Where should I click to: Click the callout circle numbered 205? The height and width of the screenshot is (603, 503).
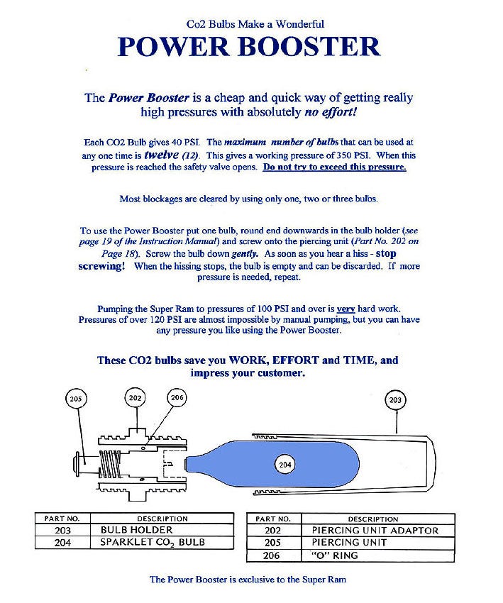click(x=76, y=399)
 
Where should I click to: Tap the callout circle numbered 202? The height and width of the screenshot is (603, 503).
click(x=135, y=398)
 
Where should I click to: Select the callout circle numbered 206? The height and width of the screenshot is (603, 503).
click(x=177, y=398)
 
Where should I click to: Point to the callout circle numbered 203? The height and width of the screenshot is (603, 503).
click(x=395, y=400)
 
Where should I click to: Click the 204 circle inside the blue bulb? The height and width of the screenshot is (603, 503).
click(x=285, y=465)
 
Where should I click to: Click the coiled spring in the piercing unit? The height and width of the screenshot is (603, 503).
click(x=111, y=464)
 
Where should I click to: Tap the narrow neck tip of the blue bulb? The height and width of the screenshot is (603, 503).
click(x=187, y=465)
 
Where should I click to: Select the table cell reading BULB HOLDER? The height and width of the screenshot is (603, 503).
click(x=162, y=530)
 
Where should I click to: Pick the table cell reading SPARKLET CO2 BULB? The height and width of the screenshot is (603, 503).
click(x=162, y=542)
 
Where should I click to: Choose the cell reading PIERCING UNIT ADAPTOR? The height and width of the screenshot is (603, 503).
click(x=378, y=531)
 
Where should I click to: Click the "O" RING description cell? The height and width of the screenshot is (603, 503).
click(x=378, y=555)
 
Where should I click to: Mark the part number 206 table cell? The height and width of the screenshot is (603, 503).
click(x=274, y=555)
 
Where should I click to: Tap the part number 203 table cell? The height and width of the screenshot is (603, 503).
click(x=62, y=530)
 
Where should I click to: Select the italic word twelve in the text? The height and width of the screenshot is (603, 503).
click(x=162, y=155)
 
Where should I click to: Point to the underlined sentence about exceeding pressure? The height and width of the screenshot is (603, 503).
click(x=335, y=167)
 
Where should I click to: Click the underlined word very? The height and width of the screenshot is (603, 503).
click(x=346, y=309)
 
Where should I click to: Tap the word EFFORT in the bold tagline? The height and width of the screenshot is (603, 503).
click(x=295, y=360)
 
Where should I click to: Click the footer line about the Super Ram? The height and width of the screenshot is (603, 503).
click(x=248, y=580)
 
